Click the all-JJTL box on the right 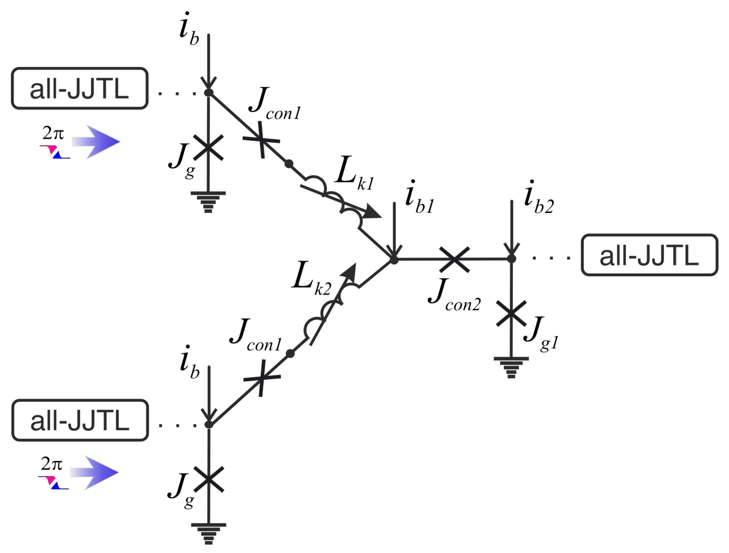coord(649,255)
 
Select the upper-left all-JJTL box coord(80,88)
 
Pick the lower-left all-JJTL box coord(80,420)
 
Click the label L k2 coord(312,278)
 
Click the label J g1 coord(541,334)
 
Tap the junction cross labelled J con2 coord(454,259)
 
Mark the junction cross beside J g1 coord(511,314)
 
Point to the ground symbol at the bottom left coord(209,534)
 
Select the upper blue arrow coord(95,142)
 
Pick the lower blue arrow coord(94,473)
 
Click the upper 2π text coord(53,134)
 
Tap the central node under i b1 coord(394,260)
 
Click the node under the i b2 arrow coord(512,258)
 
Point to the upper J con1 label coord(275,103)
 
